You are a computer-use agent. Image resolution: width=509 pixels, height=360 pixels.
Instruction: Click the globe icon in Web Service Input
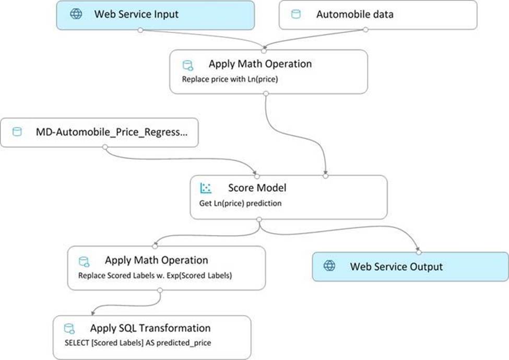[76, 14]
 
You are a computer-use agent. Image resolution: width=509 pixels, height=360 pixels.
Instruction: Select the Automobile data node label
[355, 14]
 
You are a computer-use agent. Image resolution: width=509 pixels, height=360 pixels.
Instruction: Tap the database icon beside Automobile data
[295, 14]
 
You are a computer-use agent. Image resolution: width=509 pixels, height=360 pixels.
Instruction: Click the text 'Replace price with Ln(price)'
[230, 79]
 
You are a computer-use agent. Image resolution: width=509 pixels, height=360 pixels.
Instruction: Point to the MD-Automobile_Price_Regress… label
[112, 132]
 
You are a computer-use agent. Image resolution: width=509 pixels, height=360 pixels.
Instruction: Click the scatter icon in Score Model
[206, 188]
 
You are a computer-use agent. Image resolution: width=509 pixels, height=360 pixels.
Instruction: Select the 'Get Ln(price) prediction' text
[240, 203]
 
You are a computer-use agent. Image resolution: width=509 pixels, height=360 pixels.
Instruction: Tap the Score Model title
[257, 188]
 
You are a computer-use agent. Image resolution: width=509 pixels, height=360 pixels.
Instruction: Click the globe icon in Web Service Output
[329, 265]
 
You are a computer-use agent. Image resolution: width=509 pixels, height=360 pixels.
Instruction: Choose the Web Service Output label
[396, 267]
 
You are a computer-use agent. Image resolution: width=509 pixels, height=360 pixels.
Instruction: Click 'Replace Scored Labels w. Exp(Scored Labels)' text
[155, 275]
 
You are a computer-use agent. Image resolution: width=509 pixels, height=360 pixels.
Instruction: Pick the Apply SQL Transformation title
[150, 328]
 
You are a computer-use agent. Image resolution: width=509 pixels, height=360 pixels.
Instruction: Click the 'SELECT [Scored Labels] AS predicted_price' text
[138, 343]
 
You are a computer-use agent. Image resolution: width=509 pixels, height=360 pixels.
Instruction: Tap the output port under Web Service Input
[140, 30]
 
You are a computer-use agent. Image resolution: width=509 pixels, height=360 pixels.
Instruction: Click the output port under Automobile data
[365, 30]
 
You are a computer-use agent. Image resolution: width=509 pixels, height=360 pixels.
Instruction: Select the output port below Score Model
[259, 219]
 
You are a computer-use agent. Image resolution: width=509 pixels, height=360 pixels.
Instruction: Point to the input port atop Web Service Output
[419, 252]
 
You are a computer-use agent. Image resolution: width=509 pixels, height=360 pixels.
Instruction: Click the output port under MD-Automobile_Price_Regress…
[105, 147]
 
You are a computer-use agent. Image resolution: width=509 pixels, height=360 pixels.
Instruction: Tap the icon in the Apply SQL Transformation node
[69, 329]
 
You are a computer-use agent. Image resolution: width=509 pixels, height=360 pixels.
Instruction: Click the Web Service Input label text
[136, 14]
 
